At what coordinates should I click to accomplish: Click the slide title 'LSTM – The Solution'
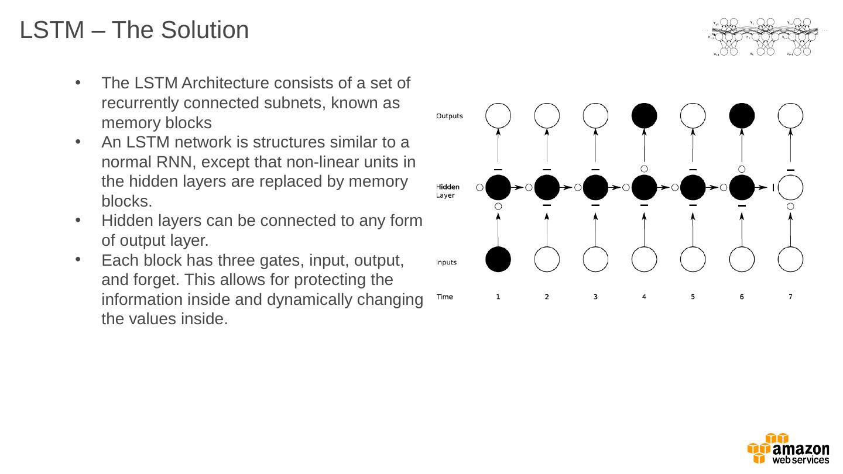(134, 30)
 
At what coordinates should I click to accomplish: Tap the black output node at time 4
(644, 116)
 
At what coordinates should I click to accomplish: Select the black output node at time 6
(742, 116)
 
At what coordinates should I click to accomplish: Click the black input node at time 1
(498, 259)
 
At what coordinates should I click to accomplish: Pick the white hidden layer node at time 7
(790, 188)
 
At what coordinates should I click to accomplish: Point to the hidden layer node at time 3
(595, 188)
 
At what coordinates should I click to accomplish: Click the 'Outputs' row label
(450, 116)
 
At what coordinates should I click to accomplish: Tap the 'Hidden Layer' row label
(448, 191)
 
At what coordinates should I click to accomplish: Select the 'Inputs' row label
(446, 262)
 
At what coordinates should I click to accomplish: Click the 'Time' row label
(445, 297)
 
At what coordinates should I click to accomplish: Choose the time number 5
(693, 297)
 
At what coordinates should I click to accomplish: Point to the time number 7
(790, 297)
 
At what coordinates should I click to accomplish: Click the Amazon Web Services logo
(788, 449)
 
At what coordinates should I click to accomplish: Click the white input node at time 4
(644, 259)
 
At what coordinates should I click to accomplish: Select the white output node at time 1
(498, 116)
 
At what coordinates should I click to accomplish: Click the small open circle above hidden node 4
(644, 169)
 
